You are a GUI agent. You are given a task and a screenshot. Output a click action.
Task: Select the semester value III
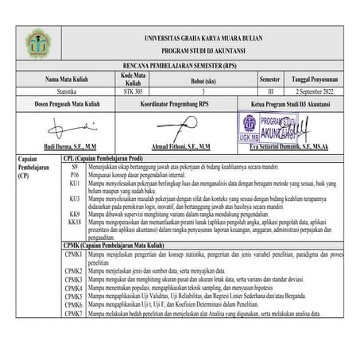pyautogui.click(x=269, y=93)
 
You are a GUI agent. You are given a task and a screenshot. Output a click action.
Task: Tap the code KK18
pyautogui.click(x=75, y=223)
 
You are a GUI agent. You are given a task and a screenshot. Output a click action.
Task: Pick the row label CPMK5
pyautogui.click(x=74, y=296)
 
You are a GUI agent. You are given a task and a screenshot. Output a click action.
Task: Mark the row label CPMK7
pyautogui.click(x=74, y=313)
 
